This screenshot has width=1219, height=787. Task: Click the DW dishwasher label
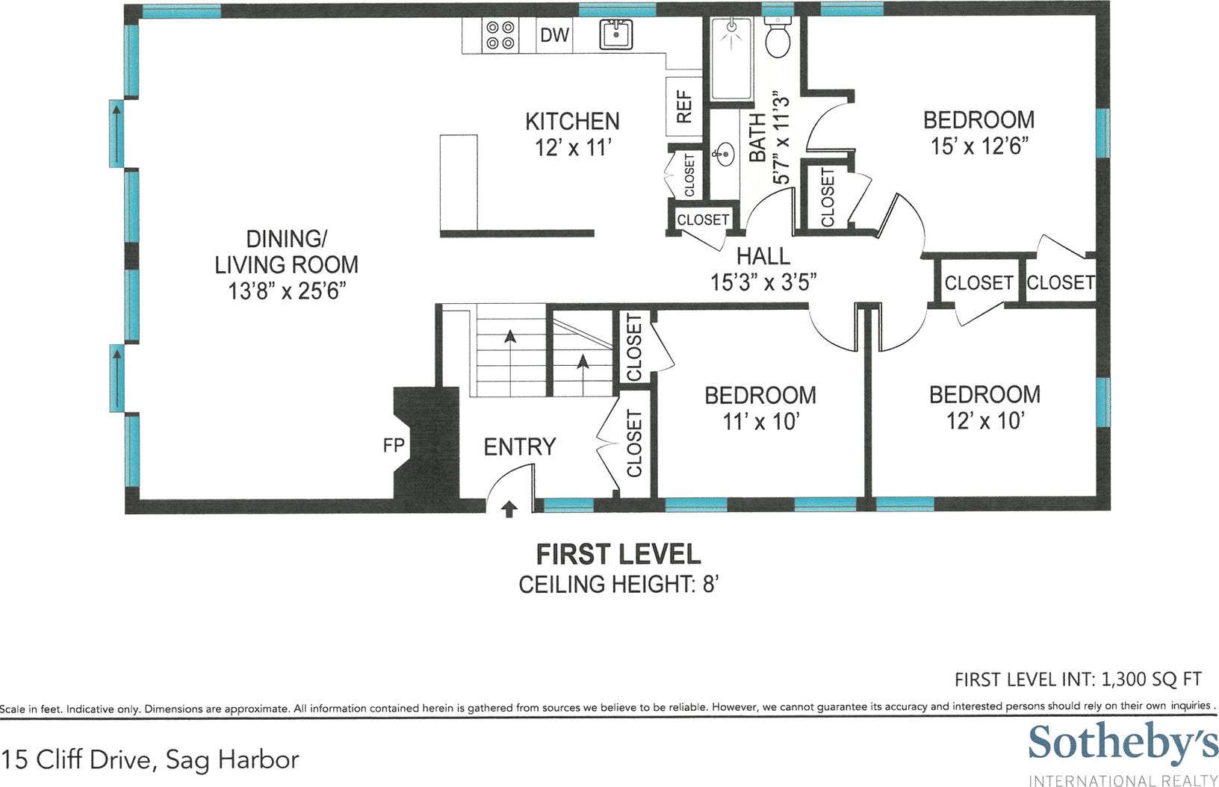[x=554, y=35]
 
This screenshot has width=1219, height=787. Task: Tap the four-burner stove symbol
[x=500, y=35]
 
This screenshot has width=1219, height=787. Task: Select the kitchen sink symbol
[x=616, y=35]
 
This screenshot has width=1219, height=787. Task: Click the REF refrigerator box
[x=684, y=107]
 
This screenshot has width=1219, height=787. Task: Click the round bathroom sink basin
[x=725, y=155]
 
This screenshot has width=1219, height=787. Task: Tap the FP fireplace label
[x=394, y=446]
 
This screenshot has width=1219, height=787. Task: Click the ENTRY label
[x=520, y=447]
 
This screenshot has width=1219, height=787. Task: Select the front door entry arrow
[x=509, y=509]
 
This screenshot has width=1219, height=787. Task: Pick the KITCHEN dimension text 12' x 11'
[x=573, y=147]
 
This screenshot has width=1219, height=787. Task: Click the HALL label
[x=763, y=256]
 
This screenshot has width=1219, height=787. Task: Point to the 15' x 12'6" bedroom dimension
[x=979, y=146]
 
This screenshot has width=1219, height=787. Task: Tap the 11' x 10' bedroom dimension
[x=760, y=421]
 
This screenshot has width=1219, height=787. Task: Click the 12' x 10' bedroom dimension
[x=985, y=420]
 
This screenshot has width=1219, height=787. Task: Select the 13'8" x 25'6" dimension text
[x=287, y=291]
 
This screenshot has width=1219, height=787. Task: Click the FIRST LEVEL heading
[x=618, y=554]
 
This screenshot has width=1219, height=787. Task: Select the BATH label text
[x=757, y=137]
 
